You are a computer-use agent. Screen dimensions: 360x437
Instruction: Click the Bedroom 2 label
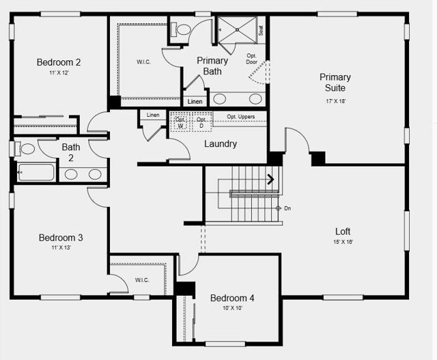59,63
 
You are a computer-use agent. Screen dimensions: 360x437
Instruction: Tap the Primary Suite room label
335,83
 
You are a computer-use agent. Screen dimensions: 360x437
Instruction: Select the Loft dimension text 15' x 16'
343,242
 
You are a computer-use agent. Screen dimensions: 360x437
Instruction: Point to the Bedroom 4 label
232,299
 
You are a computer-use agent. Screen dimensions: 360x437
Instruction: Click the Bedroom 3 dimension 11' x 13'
60,248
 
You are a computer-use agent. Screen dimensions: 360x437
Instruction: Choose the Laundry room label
221,144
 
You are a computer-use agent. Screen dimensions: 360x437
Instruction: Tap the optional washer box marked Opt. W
180,122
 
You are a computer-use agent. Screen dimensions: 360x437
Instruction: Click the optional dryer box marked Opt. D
201,122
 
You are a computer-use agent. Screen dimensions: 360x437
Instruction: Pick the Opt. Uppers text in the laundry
241,117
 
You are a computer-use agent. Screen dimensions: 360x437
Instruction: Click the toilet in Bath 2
26,148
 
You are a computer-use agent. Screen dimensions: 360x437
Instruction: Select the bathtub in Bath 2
36,172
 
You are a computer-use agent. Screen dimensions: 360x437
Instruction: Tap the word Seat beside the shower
261,30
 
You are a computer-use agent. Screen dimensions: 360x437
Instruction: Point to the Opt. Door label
252,59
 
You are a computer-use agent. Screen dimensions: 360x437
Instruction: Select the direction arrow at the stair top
270,180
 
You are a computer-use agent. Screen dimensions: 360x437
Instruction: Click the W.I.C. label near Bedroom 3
142,280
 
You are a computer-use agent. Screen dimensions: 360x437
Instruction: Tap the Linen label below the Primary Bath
195,101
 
